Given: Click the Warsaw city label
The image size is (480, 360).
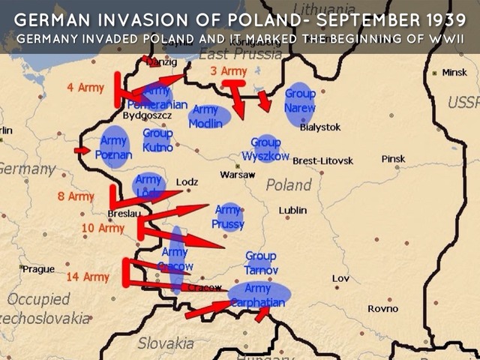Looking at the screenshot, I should tap(238, 175).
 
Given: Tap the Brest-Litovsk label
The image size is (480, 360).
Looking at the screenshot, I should tap(322, 160).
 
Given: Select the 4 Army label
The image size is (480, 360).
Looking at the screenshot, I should tap(85, 88).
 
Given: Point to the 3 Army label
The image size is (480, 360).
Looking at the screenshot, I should tap(229, 71).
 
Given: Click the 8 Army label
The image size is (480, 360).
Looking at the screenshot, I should tap(76, 196).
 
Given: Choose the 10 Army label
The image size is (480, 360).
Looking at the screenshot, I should tap(103, 228).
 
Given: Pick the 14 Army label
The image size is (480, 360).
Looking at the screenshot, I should tap(88, 277).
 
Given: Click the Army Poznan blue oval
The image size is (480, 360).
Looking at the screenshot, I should tap(115, 148).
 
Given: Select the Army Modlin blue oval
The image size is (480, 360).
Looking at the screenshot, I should tap(206, 117).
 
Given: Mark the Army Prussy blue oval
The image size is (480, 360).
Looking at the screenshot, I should tap(228, 217).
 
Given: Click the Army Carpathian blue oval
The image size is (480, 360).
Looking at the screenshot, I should tap(258, 295).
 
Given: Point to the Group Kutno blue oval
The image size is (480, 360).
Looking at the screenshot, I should tap(157, 140).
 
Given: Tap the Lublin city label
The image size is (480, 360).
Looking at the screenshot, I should tap(292, 211).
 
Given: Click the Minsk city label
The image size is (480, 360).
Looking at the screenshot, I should tap(454, 73).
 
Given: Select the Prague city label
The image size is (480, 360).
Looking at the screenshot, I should tap(37, 268).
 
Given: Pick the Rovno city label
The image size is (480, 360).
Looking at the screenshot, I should tap(382, 309).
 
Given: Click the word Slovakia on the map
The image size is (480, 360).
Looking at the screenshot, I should tap(165, 343).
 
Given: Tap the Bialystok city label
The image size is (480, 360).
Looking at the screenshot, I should tap(320, 127).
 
